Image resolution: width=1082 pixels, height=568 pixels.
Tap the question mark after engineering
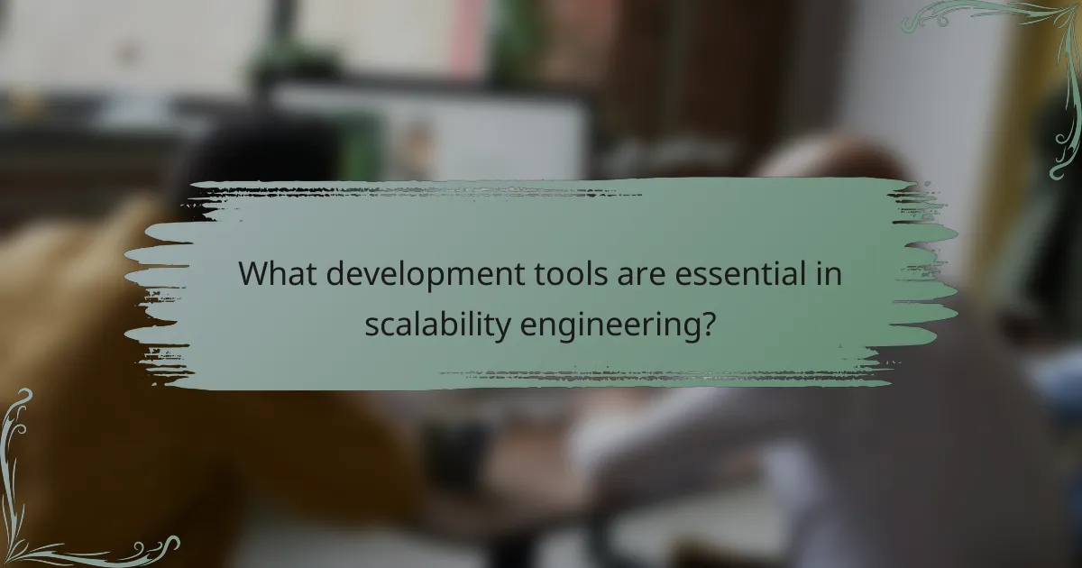pos(710,323)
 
